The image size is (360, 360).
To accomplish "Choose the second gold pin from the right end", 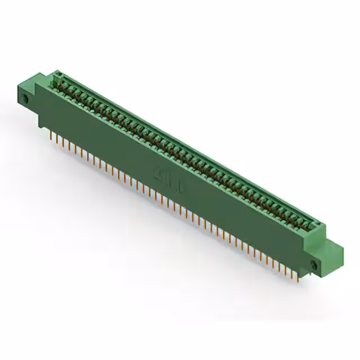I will [293, 272].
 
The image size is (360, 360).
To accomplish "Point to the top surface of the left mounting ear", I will [28, 85].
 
